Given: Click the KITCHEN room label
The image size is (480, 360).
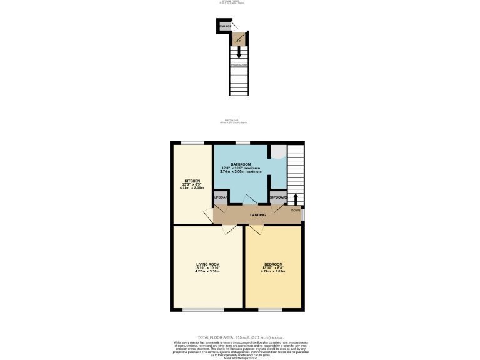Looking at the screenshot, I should (192, 181).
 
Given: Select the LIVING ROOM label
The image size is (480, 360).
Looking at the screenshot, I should (207, 264).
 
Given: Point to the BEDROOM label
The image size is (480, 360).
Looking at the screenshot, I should (273, 264).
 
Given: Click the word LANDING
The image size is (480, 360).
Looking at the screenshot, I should (257, 215).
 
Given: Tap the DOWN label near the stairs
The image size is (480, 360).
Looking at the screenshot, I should (295, 211).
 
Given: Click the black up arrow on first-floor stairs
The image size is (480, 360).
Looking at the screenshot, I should (296, 199).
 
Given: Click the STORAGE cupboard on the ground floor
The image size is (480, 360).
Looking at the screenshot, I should (224, 26).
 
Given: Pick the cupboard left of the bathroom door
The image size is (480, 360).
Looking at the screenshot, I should (221, 197).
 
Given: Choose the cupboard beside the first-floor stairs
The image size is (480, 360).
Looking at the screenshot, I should (277, 197).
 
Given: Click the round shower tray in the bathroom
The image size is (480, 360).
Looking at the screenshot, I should (279, 152).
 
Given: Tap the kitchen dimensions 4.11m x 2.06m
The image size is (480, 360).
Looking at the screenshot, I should (192, 187).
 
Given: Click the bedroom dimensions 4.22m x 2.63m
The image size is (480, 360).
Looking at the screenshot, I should (273, 271).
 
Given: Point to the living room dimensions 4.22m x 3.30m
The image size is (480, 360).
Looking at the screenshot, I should (207, 271).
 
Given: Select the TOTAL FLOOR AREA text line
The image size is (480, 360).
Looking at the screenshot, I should (240, 337).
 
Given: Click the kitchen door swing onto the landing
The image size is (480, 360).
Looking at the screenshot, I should (208, 216).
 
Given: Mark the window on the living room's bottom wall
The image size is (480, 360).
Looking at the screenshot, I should (203, 310).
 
